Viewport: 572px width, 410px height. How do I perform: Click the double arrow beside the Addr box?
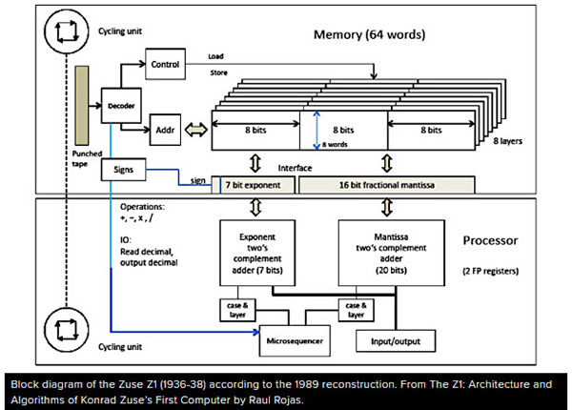click(196, 126)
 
